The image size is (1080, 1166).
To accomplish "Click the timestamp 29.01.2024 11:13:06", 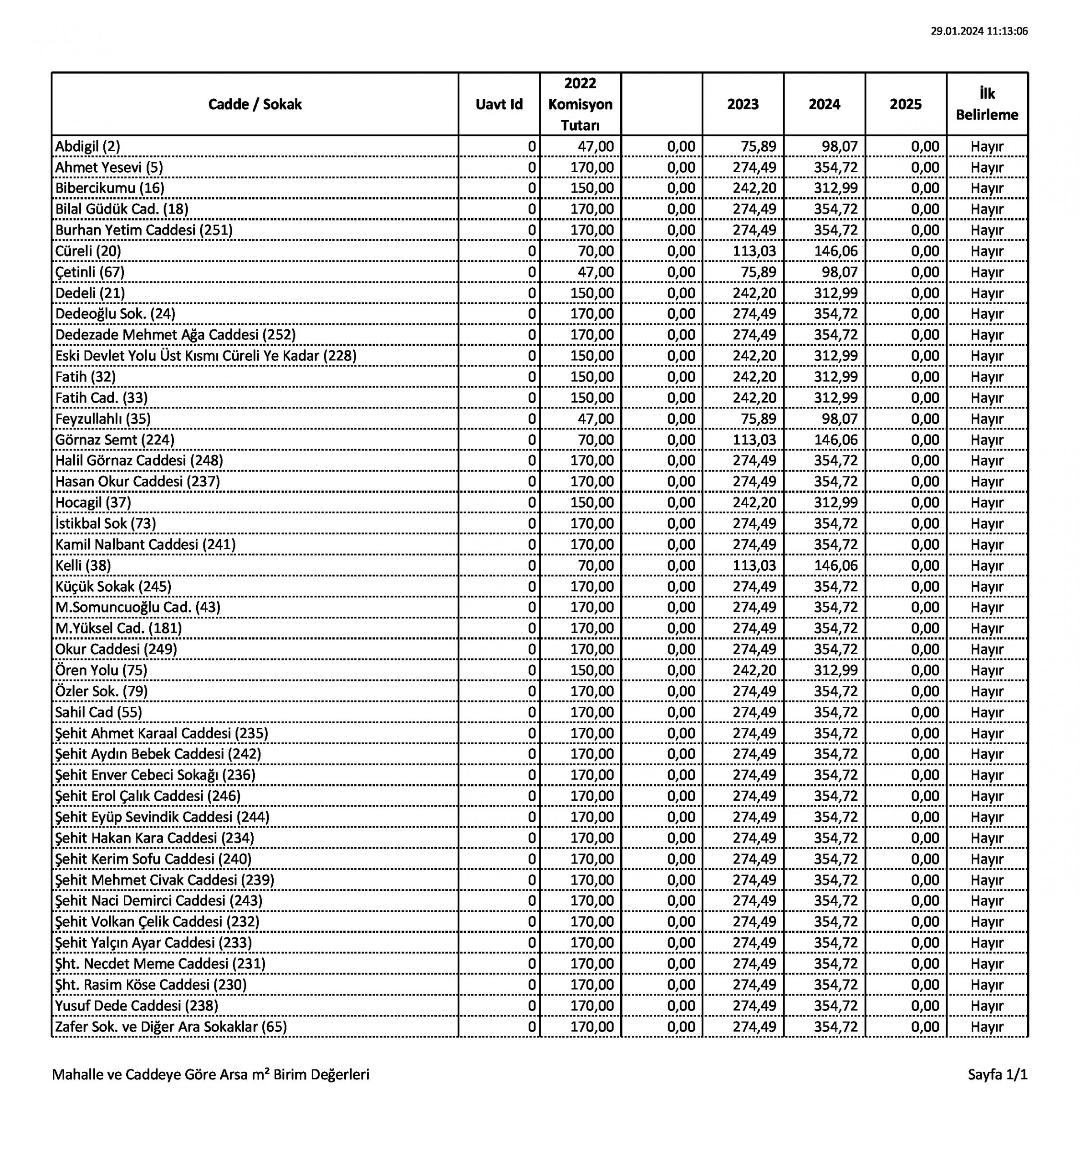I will pyautogui.click(x=979, y=31).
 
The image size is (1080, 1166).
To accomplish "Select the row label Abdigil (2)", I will pyautogui.click(x=88, y=147).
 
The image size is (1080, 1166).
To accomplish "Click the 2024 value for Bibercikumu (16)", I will pyautogui.click(x=835, y=188).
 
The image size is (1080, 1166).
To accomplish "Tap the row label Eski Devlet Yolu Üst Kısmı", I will pyautogui.click(x=206, y=356).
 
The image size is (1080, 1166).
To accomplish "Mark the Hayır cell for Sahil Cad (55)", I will pyautogui.click(x=987, y=712).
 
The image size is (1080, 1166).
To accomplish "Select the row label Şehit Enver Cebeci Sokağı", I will pyautogui.click(x=155, y=775).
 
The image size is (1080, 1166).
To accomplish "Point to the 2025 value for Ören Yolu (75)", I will pyautogui.click(x=925, y=670).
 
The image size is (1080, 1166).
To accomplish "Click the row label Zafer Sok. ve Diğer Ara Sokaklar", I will pyautogui.click(x=171, y=1027).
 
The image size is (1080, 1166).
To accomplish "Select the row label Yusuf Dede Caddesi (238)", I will pyautogui.click(x=137, y=1006).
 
